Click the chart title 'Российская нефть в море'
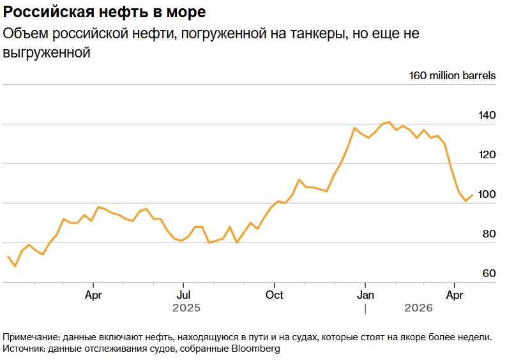pos(105,12)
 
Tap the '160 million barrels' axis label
pos(452,75)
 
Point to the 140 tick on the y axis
pos(487,116)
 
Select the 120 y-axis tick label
pos(487,154)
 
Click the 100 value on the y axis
pos(487,194)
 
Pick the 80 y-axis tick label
pos(488,234)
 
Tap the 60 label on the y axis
pos(488,273)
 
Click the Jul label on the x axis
pos(183,295)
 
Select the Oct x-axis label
pos(274,295)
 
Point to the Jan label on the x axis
pos(365,295)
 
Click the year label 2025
pos(186,308)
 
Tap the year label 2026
pos(419,308)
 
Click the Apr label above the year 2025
pos(93,295)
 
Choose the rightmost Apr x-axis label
pos(454,295)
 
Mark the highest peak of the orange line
pos(389,122)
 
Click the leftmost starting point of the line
pos(8,256)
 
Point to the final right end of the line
pos(473,195)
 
